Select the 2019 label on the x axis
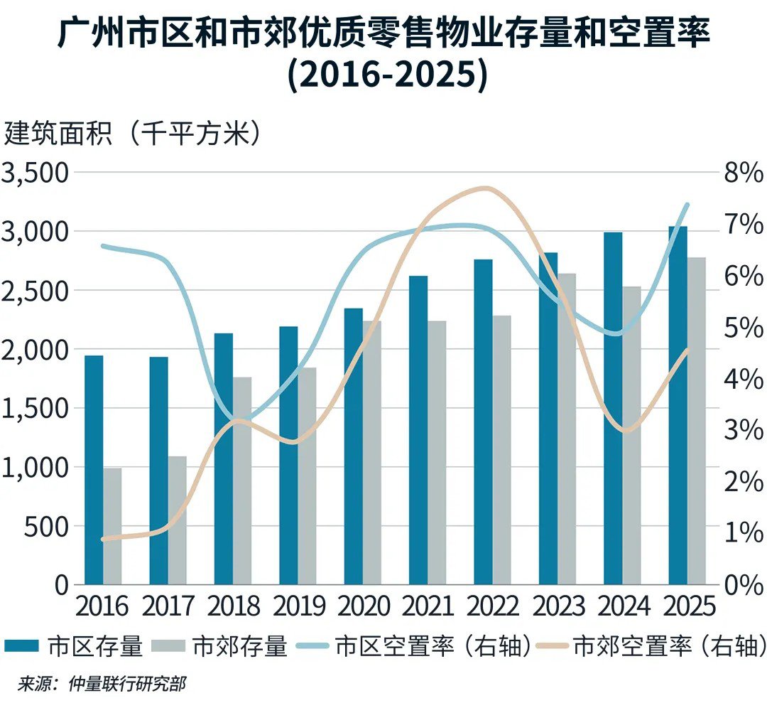(298, 606)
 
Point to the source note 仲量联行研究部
(128, 685)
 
